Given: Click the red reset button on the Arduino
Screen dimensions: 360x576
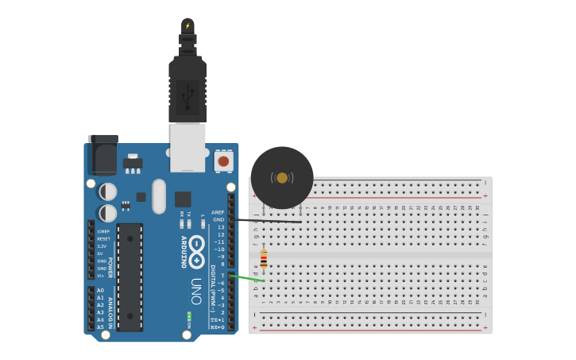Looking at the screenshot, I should (223, 161).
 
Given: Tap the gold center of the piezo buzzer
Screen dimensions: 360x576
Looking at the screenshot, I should (282, 177).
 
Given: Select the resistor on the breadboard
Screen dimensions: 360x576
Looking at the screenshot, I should (264, 259).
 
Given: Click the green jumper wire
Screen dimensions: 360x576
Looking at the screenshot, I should (248, 278).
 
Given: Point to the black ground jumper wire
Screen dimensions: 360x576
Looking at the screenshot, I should (266, 220).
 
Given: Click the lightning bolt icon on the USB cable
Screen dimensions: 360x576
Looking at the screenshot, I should (187, 26).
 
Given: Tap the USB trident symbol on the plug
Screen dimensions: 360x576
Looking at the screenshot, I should (187, 96).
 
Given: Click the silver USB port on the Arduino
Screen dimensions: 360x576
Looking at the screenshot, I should (187, 146).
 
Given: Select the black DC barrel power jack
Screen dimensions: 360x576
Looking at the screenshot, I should (102, 155).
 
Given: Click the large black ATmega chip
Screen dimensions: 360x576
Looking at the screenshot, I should (130, 277).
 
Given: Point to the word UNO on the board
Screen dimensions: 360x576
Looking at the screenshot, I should (196, 291).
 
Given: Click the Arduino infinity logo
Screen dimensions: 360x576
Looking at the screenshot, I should (196, 251).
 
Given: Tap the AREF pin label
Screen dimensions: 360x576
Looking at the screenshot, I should (218, 212).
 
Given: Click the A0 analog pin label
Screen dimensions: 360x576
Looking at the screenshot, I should (101, 291).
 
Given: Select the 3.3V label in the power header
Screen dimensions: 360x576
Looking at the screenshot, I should (102, 246).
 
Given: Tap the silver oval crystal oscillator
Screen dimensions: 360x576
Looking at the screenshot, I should (159, 195).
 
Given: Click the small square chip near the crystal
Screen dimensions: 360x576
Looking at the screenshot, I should (183, 199).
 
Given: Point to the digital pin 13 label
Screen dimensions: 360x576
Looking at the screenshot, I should (221, 227).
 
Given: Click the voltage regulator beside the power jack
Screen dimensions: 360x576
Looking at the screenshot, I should (133, 163).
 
